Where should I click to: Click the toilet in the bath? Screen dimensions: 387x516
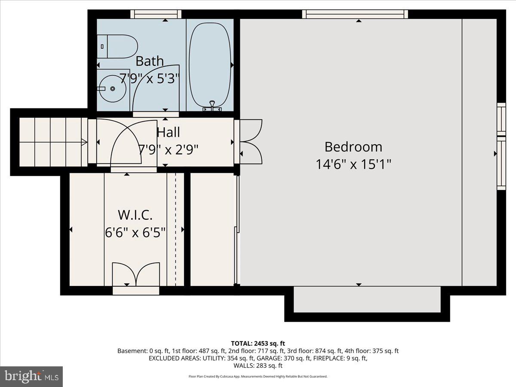click(118, 46)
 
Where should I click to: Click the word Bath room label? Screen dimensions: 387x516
click(150, 61)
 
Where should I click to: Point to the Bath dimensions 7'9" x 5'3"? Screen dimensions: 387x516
click(149, 78)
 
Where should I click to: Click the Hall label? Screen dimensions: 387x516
click(168, 132)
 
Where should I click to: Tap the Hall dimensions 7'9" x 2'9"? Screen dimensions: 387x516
click(168, 149)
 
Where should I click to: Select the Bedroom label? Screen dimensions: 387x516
click(353, 147)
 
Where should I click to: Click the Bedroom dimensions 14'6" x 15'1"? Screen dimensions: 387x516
click(353, 164)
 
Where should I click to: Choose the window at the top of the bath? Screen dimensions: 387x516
click(155, 14)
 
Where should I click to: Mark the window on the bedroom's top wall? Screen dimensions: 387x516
click(356, 14)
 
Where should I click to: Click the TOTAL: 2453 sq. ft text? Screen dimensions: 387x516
click(258, 343)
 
